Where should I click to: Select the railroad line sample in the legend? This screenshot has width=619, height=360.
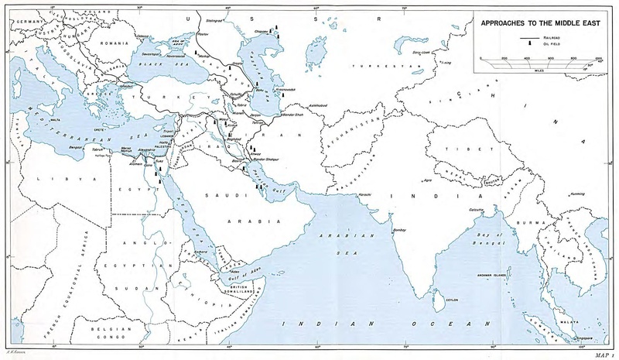click(528, 37)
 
